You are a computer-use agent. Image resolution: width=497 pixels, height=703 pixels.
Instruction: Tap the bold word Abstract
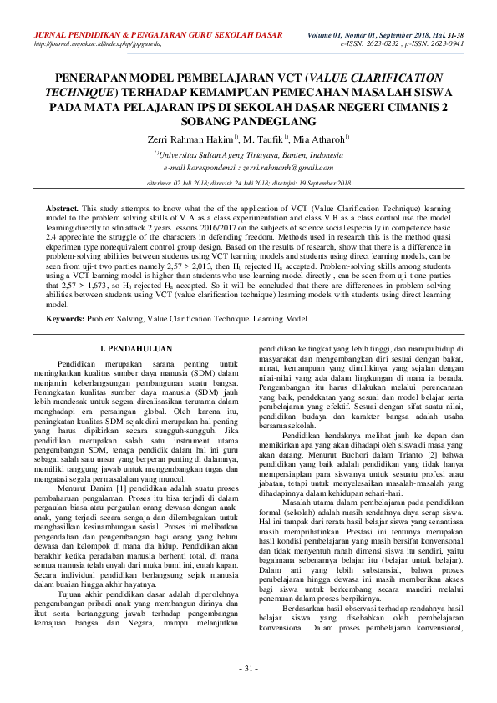[x=62, y=206]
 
